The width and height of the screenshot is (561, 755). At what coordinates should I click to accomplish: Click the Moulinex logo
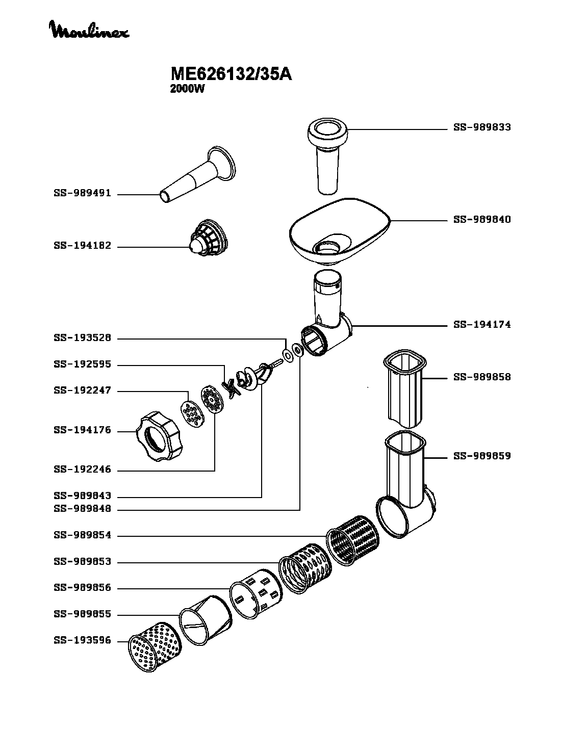coord(89,30)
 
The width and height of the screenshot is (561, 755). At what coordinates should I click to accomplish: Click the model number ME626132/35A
coord(231,74)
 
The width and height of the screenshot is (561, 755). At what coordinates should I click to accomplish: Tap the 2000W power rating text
coord(187,89)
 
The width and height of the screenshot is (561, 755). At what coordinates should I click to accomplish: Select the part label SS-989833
coord(482,127)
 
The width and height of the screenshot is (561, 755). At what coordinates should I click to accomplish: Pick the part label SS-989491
coord(82,194)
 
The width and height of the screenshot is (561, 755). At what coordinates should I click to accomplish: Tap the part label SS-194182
coord(82,246)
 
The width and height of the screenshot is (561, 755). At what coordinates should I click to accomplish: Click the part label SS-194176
coord(82,430)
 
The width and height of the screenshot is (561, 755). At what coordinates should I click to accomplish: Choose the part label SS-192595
coord(82,365)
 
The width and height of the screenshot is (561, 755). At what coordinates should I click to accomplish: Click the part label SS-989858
coord(482,377)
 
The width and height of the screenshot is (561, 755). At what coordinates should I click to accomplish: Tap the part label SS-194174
coord(482,324)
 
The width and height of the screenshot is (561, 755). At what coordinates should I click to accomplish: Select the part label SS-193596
coord(82,641)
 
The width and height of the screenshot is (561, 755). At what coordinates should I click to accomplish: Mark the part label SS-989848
coord(82,509)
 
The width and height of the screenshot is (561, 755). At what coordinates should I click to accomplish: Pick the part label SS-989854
coord(82,535)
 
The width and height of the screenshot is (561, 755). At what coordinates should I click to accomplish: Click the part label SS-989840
coord(482,220)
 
